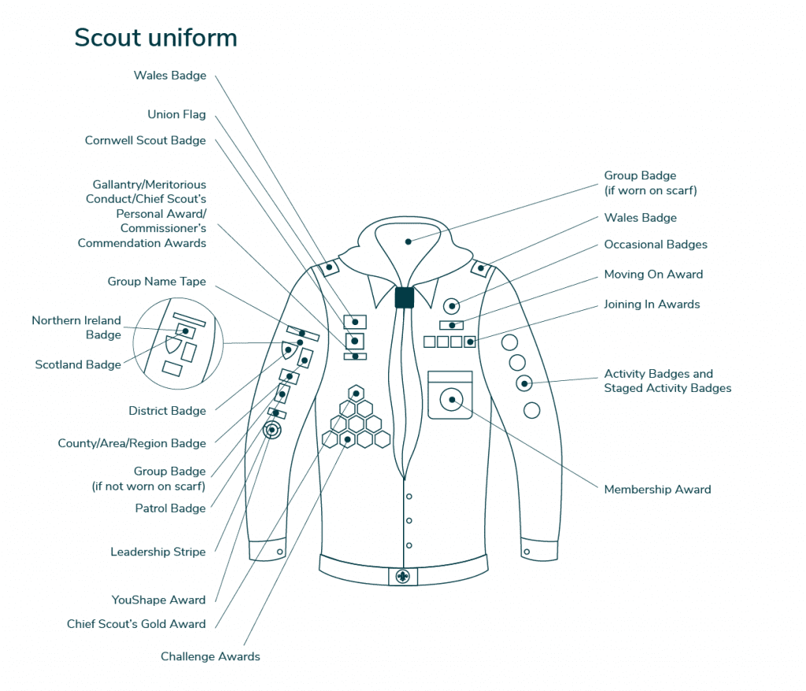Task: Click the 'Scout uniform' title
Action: pyautogui.click(x=156, y=38)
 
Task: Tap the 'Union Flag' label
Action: pyautogui.click(x=176, y=114)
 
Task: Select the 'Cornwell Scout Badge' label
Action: pyautogui.click(x=145, y=140)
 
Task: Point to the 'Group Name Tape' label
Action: pyautogui.click(x=157, y=281)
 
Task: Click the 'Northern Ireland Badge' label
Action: pyautogui.click(x=76, y=327)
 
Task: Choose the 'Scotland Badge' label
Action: pyautogui.click(x=78, y=364)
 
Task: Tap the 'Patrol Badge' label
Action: pyautogui.click(x=170, y=508)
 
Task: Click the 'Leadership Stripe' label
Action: pyautogui.click(x=157, y=552)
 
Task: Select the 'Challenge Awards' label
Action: pyautogui.click(x=210, y=656)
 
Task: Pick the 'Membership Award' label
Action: pyautogui.click(x=657, y=490)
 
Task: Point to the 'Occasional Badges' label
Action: pyautogui.click(x=656, y=244)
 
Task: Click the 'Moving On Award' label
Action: pyautogui.click(x=653, y=274)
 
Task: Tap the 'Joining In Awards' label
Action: pyautogui.click(x=652, y=304)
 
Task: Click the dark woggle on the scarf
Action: pyautogui.click(x=404, y=297)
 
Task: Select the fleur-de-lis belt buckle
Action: pyautogui.click(x=403, y=576)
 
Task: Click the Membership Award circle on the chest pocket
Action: pyautogui.click(x=451, y=400)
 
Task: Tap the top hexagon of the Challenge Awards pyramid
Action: pyautogui.click(x=356, y=394)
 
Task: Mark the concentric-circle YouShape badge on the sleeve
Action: pyautogui.click(x=272, y=430)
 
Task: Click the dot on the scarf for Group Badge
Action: pyautogui.click(x=409, y=242)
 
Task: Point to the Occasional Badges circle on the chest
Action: pyautogui.click(x=451, y=306)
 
